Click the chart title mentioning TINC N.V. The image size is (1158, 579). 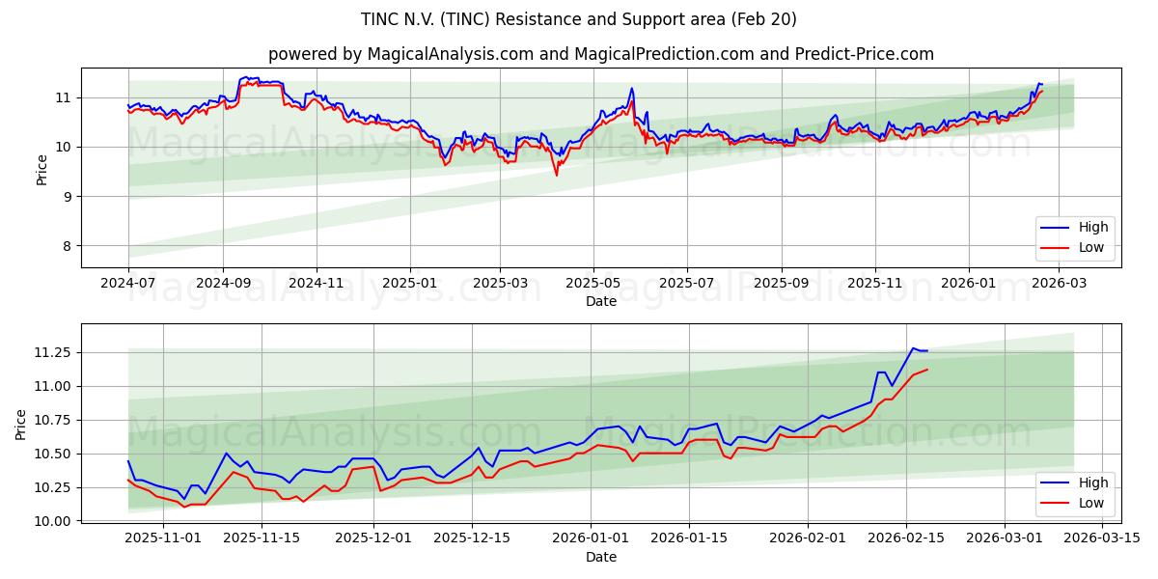point(579,19)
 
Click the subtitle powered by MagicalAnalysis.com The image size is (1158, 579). point(600,54)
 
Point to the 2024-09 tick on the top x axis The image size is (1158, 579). point(223,283)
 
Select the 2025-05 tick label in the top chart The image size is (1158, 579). point(593,283)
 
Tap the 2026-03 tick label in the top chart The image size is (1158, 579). point(1060,283)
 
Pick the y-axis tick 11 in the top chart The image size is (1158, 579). point(65,97)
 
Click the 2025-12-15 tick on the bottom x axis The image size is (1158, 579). point(473,538)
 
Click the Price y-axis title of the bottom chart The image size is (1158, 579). point(21,424)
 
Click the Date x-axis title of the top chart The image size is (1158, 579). point(600,301)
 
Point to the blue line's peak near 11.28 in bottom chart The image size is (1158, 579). point(913,348)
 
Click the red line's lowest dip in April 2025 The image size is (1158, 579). point(556,175)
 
